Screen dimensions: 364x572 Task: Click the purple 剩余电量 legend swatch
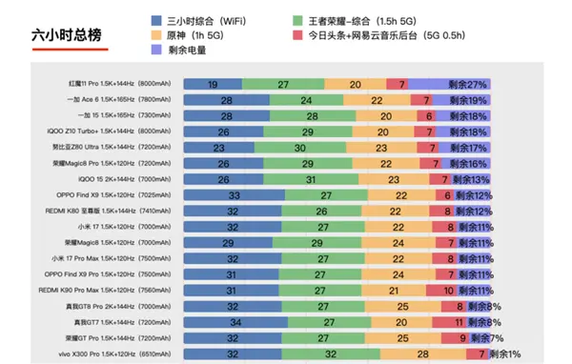pyautogui.click(x=156, y=51)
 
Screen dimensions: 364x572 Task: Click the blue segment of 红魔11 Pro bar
pyautogui.click(x=212, y=84)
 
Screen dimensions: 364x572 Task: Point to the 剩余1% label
pyautogui.click(x=506, y=354)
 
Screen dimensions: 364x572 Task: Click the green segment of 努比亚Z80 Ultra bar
pyautogui.click(x=299, y=148)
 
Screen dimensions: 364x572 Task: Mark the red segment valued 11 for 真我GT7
pyautogui.click(x=445, y=323)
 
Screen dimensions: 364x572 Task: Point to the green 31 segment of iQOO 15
pyautogui.click(x=311, y=179)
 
